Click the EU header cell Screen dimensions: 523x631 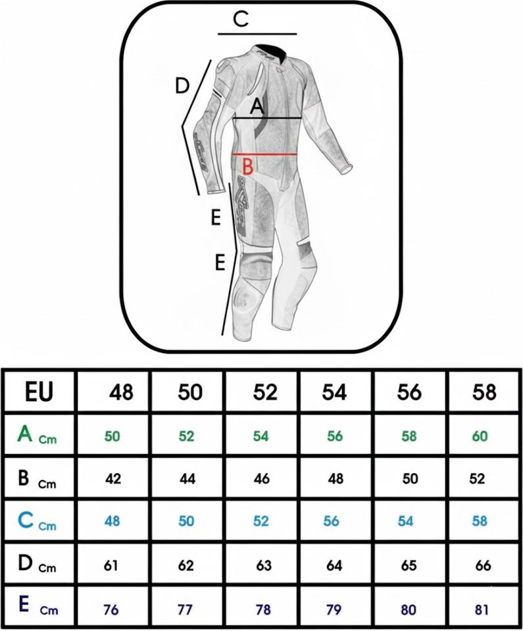coord(39,392)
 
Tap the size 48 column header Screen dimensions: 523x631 coord(121,392)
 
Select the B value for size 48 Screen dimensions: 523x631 coord(113,479)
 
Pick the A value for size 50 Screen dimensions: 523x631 coord(187,436)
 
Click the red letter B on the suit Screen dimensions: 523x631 coord(247,166)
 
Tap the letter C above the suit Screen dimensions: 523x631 coord(241,20)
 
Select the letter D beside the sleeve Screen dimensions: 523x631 coord(182,85)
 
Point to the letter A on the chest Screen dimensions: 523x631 coord(257,105)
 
